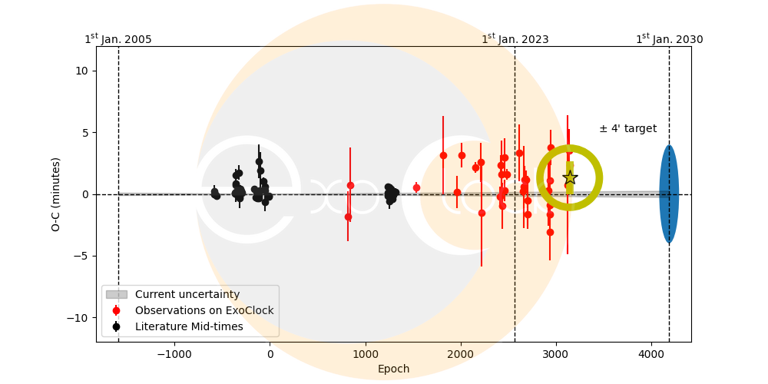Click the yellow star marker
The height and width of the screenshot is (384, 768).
click(570, 177)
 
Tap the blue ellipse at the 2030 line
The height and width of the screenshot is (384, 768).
click(669, 194)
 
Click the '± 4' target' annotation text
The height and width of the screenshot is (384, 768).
click(627, 129)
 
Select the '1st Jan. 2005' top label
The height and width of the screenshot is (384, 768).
click(118, 39)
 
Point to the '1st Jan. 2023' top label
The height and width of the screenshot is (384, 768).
click(515, 39)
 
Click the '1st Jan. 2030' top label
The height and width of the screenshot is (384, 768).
click(669, 39)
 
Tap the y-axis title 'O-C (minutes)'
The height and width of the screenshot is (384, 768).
click(56, 194)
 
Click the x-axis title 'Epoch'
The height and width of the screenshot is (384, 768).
click(393, 369)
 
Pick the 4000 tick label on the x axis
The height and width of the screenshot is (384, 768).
click(651, 354)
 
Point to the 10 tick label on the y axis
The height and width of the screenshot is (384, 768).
click(81, 71)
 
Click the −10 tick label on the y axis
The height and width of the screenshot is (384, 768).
click(78, 318)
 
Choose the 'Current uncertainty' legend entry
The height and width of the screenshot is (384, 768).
click(187, 294)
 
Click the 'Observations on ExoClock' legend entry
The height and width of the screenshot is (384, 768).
click(204, 310)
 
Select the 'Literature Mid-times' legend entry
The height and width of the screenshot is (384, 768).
click(189, 326)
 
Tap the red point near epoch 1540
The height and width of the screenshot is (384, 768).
click(416, 187)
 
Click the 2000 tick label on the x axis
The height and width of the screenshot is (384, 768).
click(461, 354)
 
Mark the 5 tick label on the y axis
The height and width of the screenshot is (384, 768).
click(84, 132)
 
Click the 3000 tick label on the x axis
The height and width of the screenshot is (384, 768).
click(556, 354)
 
